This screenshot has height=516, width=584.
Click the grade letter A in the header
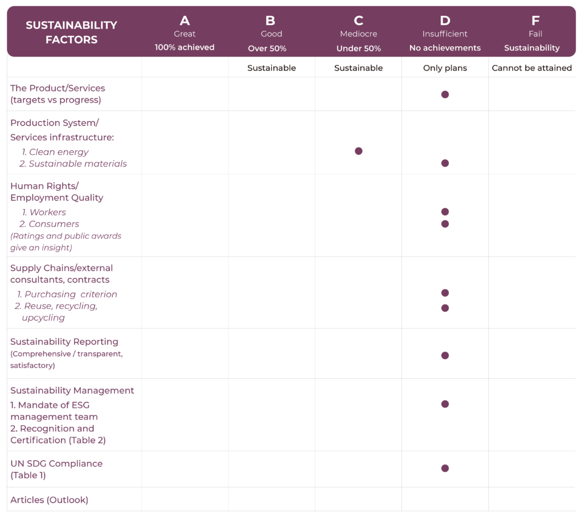click(185, 21)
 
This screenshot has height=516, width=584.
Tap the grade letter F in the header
click(535, 21)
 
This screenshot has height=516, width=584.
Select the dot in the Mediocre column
click(358, 151)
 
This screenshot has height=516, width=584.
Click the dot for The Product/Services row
click(445, 95)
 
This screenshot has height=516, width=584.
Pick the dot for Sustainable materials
click(445, 163)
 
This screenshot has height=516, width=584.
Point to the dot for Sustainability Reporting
click(445, 355)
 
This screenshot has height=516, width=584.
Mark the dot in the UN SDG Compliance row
click(445, 468)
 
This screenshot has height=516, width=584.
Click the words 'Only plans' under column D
click(445, 68)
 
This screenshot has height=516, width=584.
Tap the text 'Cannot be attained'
click(532, 68)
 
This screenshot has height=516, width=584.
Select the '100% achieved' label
click(185, 47)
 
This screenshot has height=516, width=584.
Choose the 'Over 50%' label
click(271, 48)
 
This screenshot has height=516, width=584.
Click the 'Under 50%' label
click(358, 48)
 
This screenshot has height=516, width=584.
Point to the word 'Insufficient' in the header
click(445, 34)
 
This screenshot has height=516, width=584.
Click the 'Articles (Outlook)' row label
click(50, 500)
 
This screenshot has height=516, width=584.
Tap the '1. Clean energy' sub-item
click(55, 152)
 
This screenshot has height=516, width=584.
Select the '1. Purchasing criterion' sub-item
click(67, 294)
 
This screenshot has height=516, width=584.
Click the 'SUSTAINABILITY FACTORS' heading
click(71, 32)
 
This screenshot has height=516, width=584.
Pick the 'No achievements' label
click(445, 48)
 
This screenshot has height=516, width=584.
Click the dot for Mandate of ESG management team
click(445, 404)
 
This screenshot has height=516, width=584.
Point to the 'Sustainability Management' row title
click(72, 391)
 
